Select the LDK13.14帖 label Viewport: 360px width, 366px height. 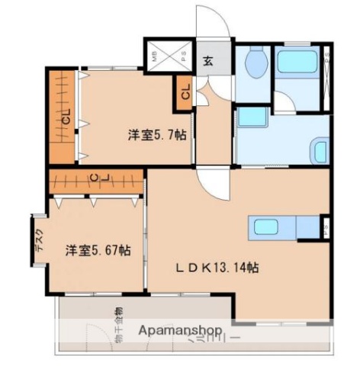pos(217,268)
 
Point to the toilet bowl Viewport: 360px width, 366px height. pos(256,63)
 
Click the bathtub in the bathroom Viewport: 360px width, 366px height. pos(297,63)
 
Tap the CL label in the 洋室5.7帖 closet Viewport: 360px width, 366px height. pos(65,118)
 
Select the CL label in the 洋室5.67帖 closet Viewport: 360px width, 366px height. pos(95,180)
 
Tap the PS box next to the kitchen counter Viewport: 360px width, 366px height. pos(325,226)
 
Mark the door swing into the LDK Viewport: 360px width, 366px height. pos(207,181)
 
